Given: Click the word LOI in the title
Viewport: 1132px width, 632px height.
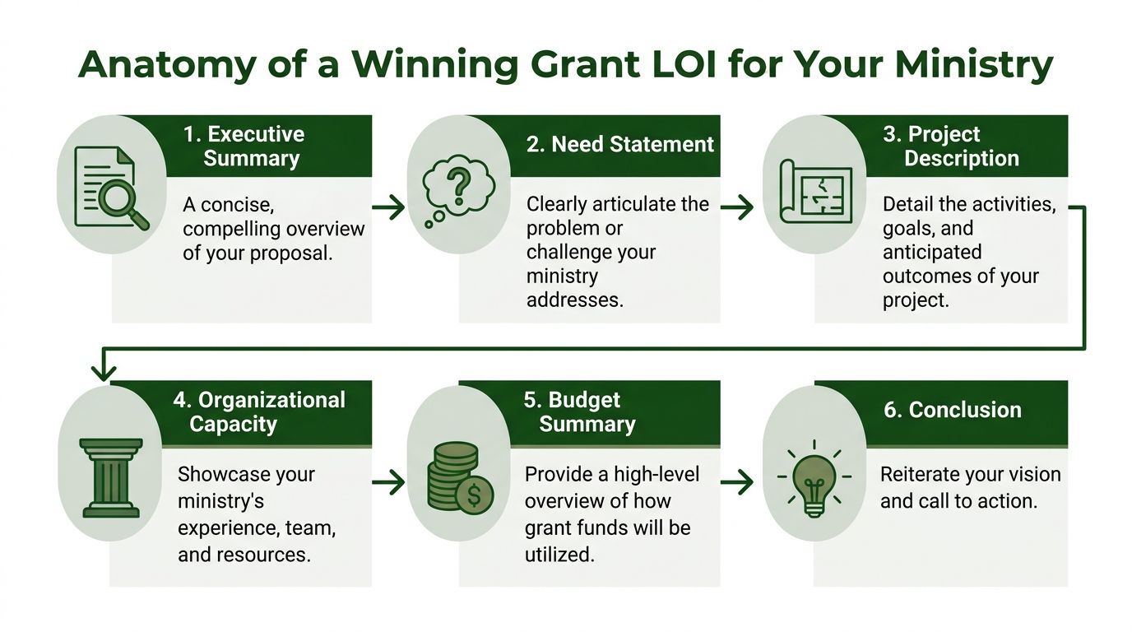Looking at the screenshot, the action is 684,65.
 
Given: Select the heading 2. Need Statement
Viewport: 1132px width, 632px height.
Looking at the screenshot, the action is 620,144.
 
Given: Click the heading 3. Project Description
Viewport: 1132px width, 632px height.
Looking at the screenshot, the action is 950,146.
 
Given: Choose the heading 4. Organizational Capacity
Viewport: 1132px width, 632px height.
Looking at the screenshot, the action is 259,412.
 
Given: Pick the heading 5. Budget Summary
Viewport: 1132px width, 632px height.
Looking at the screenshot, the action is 579,412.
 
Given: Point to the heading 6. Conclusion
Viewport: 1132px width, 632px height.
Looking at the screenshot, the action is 953,410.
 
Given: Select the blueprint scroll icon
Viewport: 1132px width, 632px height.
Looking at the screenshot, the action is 815,192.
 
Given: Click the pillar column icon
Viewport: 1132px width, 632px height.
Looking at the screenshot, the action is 111,478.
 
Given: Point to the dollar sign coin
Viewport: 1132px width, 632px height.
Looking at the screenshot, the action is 474,495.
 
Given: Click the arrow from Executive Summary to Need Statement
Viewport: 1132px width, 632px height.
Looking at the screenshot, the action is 388,207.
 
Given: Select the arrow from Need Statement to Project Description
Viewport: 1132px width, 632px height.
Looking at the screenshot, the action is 737,207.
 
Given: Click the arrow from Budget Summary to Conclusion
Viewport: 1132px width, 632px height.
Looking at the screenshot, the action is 737,482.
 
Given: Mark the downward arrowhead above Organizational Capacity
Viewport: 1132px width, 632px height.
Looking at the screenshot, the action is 104,373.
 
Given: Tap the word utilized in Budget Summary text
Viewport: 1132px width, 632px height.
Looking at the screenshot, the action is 559,555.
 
